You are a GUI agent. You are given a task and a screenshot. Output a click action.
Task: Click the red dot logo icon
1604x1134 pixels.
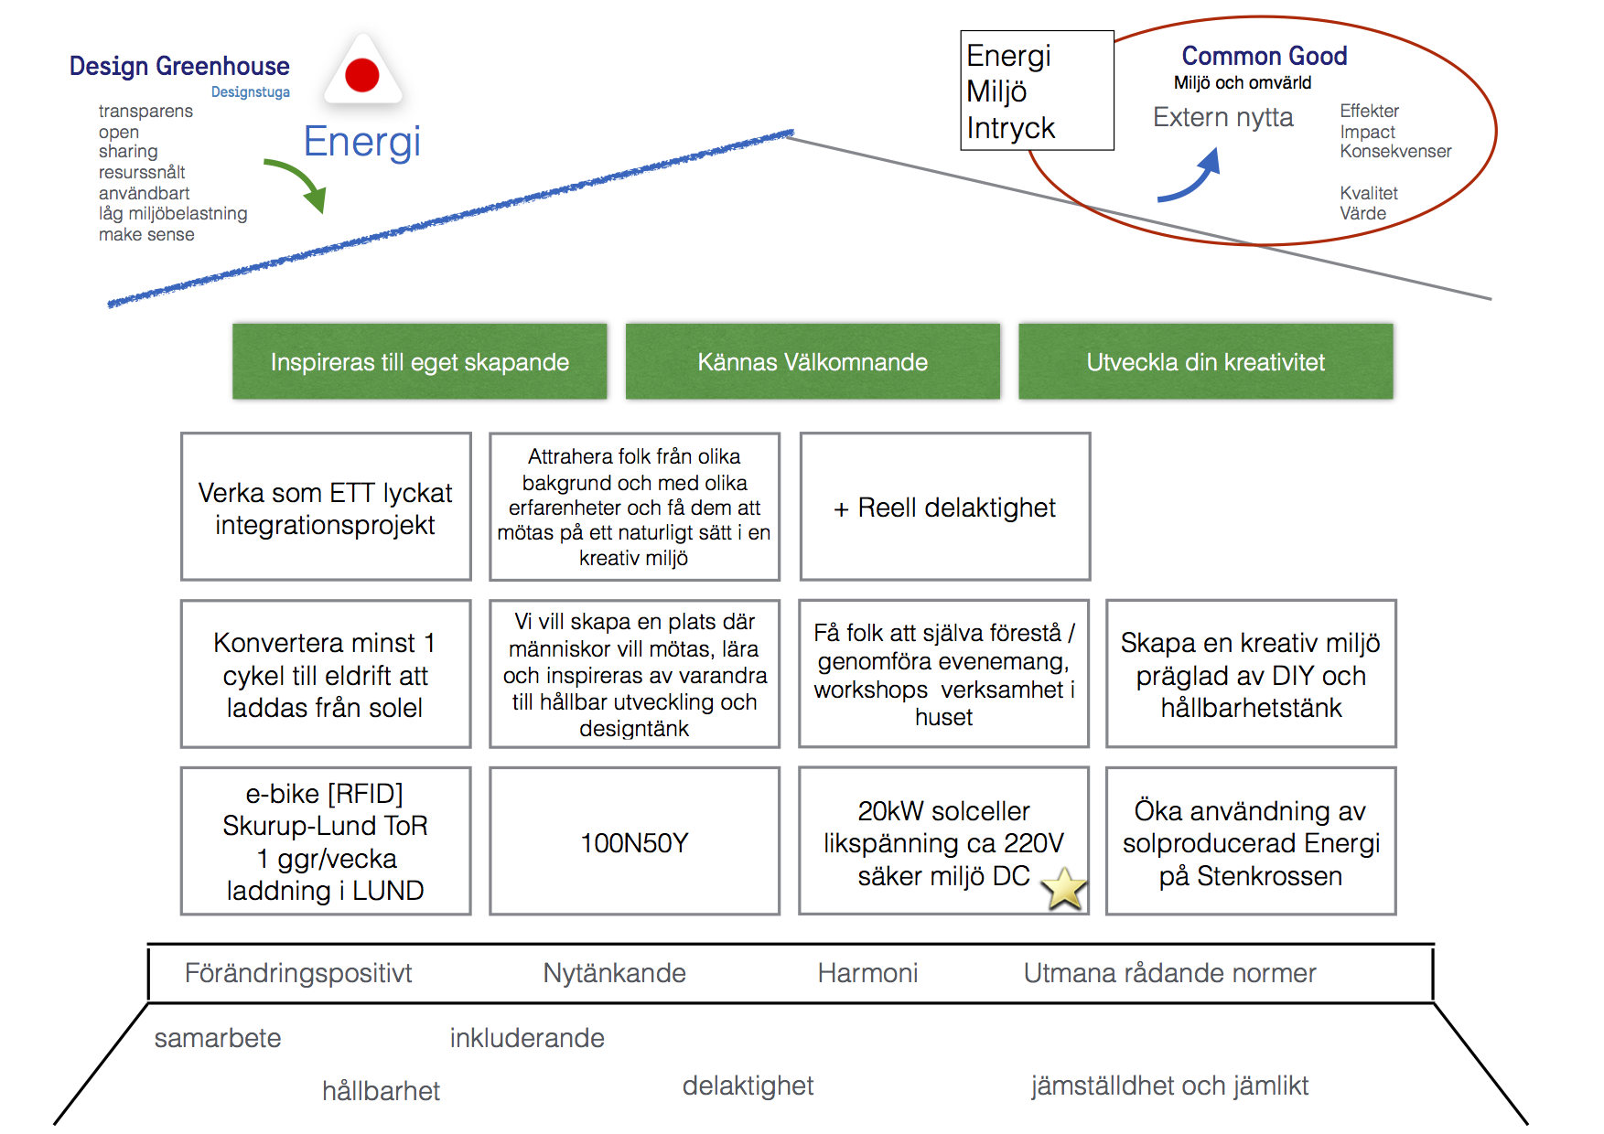pos(362,75)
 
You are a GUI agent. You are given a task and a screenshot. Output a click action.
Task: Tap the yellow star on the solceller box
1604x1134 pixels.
pos(1064,889)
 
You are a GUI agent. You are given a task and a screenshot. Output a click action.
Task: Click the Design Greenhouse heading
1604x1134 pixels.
pos(179,66)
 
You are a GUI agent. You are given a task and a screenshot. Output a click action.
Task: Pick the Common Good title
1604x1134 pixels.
pos(1264,56)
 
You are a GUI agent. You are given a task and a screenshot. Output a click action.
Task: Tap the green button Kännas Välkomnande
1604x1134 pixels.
pos(813,362)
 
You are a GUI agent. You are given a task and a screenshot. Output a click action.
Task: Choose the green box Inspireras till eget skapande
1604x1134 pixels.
pos(419,362)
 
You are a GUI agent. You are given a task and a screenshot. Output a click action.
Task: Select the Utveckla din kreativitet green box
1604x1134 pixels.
pos(1205,362)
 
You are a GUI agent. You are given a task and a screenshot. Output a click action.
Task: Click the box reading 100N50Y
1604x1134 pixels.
pos(634,841)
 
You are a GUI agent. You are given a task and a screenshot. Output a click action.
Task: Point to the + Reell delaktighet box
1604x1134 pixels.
pos(944,507)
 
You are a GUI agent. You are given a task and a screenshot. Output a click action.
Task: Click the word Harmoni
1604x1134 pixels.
pos(867,973)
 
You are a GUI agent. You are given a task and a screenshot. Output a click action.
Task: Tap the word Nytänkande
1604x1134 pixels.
pos(614,973)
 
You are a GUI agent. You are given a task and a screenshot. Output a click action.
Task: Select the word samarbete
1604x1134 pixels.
pos(218,1038)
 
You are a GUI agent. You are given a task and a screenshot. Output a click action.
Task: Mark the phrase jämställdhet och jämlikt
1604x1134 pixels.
pos(1169,1086)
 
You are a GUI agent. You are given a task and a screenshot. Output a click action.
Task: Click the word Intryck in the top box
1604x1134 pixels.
pos(1011,128)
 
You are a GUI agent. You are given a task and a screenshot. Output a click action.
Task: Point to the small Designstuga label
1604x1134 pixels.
pos(250,92)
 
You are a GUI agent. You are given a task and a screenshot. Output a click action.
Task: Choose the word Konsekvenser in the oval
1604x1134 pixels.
pos(1395,152)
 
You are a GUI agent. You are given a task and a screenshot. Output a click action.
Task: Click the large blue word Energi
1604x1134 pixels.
pos(362,142)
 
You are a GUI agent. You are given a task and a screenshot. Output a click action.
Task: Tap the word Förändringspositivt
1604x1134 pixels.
pos(298,973)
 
